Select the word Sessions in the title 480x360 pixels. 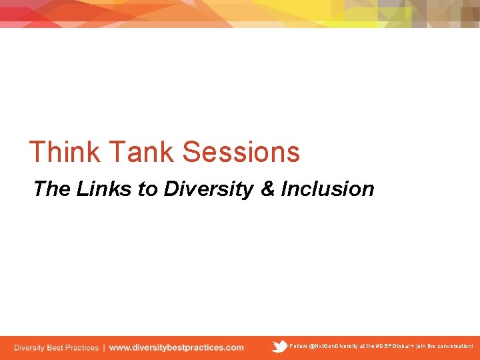(x=241, y=152)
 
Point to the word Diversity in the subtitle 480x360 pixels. (x=209, y=189)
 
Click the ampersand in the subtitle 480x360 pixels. (x=267, y=189)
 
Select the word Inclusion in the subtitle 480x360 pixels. (x=327, y=189)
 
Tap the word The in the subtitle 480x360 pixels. (x=51, y=189)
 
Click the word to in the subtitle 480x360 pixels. (x=147, y=189)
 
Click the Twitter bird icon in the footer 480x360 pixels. (x=279, y=347)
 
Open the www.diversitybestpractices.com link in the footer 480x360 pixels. (x=177, y=347)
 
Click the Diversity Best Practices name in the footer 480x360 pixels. (x=56, y=347)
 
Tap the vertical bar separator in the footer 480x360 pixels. (x=103, y=347)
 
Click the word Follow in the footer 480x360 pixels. (x=299, y=347)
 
